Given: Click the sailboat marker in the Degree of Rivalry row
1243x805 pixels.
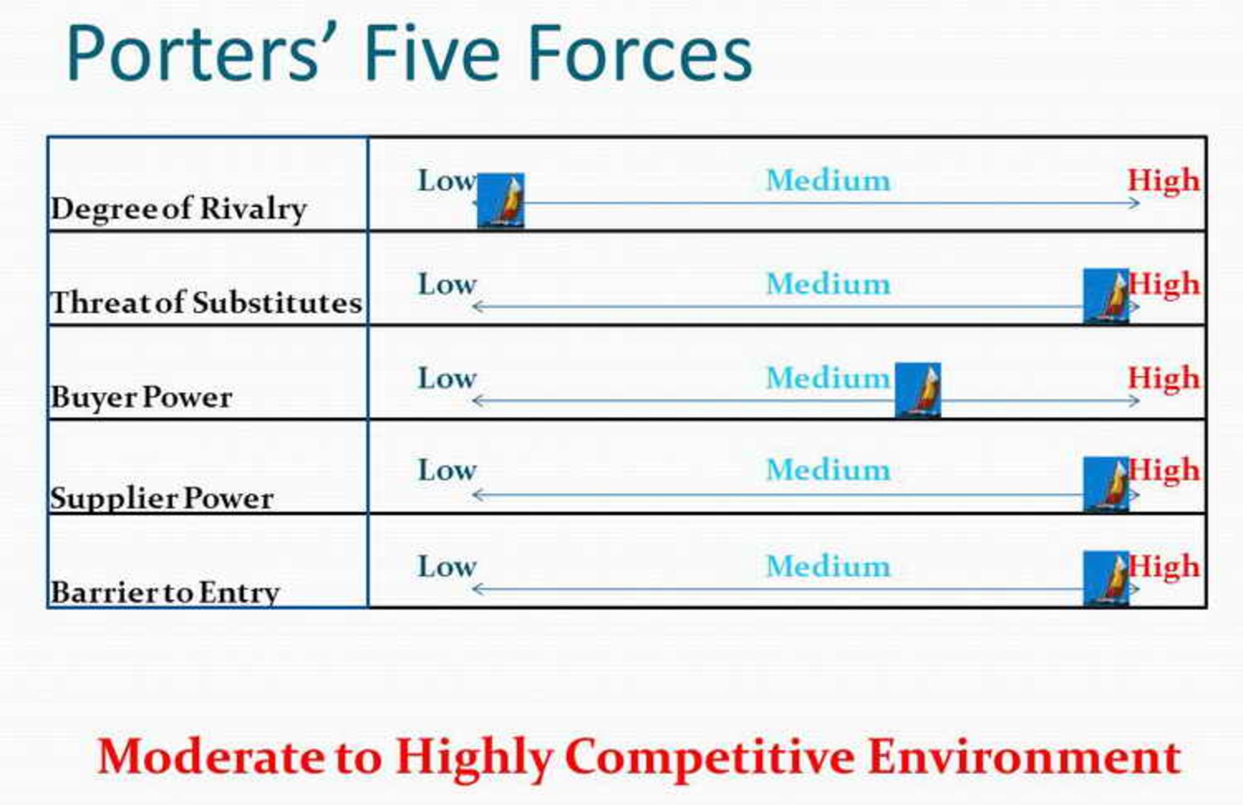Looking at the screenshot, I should click(x=500, y=201).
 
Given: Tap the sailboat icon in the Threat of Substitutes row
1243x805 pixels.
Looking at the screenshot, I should click(x=1106, y=296).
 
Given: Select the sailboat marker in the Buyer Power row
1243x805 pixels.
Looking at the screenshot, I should click(x=917, y=390).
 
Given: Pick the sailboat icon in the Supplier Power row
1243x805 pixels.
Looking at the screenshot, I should click(x=1106, y=485).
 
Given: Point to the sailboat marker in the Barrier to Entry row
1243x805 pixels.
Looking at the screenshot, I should click(x=1106, y=579).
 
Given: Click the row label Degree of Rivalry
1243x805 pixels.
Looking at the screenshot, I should click(x=179, y=209).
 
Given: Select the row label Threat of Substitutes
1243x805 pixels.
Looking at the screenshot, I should click(x=206, y=303).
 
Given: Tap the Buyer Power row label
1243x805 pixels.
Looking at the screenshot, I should click(x=141, y=397).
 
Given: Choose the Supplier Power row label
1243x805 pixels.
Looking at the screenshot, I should click(x=162, y=498).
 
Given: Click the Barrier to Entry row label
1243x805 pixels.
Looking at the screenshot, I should click(x=165, y=592).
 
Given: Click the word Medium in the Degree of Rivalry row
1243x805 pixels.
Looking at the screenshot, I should click(x=828, y=180).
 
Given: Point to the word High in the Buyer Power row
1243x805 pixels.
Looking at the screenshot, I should click(x=1163, y=378).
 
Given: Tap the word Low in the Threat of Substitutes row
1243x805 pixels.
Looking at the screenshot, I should click(x=447, y=284).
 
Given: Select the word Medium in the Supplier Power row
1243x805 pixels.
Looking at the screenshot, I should click(x=828, y=470).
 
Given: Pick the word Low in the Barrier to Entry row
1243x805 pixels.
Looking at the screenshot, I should click(x=447, y=567).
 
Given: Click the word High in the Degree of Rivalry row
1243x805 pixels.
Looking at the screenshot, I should click(x=1163, y=180).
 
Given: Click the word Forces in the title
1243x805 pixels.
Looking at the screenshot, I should click(x=640, y=53).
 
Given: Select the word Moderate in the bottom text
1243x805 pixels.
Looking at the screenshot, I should click(x=211, y=756).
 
